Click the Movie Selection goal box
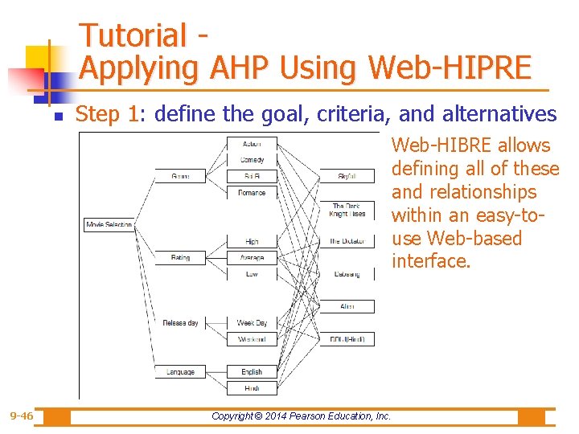(x=109, y=225)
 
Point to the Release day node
(x=180, y=323)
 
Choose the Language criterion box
(x=180, y=372)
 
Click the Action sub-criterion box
(x=252, y=143)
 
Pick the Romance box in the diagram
(x=252, y=193)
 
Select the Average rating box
(x=252, y=258)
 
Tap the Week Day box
(x=252, y=323)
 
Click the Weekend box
(x=252, y=339)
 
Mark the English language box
(x=252, y=372)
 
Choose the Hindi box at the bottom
(x=252, y=388)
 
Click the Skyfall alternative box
(x=347, y=176)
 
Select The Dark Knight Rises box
(x=347, y=210)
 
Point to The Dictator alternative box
(x=347, y=241)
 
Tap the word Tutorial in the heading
(x=133, y=35)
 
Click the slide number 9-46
(x=22, y=416)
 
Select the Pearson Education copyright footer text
(x=301, y=416)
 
